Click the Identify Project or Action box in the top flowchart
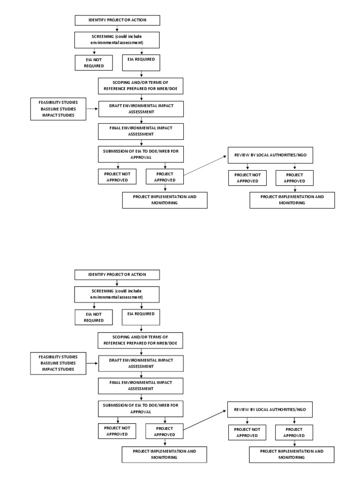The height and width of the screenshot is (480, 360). coord(117,20)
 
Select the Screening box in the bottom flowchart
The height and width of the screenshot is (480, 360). coord(117,294)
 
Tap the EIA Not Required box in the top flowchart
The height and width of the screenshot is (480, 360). coord(94,62)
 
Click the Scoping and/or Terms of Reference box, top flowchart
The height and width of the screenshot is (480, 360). coord(141,86)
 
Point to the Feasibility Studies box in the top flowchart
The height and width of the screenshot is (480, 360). coord(58,109)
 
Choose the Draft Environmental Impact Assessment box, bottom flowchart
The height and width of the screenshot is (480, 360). coord(141,363)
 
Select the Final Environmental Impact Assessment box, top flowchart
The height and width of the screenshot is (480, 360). coord(141,131)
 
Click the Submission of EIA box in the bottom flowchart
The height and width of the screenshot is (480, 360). coord(141,409)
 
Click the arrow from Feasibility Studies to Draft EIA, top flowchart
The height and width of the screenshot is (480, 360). coord(92,109)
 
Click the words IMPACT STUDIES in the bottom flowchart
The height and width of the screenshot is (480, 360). coord(58,369)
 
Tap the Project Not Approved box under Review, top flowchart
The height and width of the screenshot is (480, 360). coord(247,178)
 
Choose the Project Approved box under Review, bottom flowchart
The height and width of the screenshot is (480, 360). coord(294,432)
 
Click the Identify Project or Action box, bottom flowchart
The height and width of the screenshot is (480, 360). coord(117,275)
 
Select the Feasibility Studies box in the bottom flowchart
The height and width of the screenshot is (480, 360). coord(58,363)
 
